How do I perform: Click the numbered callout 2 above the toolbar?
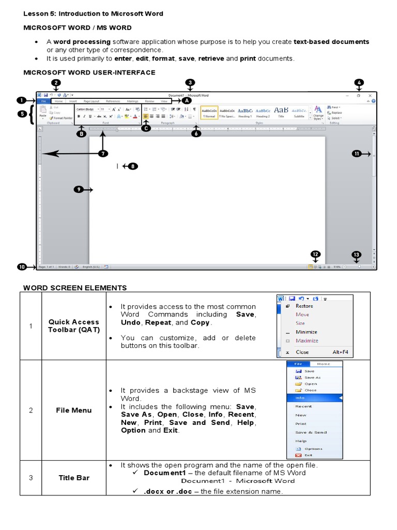[56, 83]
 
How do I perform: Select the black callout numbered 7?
[103, 153]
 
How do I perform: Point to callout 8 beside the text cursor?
[133, 166]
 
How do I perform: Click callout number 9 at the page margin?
[79, 190]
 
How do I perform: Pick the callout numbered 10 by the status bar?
[22, 267]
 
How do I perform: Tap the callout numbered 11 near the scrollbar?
[357, 153]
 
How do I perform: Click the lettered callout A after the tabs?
[187, 101]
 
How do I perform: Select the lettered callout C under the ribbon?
[146, 128]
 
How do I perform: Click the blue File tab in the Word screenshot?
[43, 101]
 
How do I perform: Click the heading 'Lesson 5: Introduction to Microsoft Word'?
[93, 13]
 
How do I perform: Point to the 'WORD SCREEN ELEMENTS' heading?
[75, 288]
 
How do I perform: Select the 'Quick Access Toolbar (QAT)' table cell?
[74, 326]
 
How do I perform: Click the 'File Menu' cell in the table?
[74, 410]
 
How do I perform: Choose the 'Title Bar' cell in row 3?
[74, 478]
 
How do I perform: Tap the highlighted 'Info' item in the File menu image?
[300, 398]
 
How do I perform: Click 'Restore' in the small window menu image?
[304, 306]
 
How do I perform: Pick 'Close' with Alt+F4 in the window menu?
[302, 352]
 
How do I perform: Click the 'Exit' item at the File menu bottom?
[309, 455]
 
